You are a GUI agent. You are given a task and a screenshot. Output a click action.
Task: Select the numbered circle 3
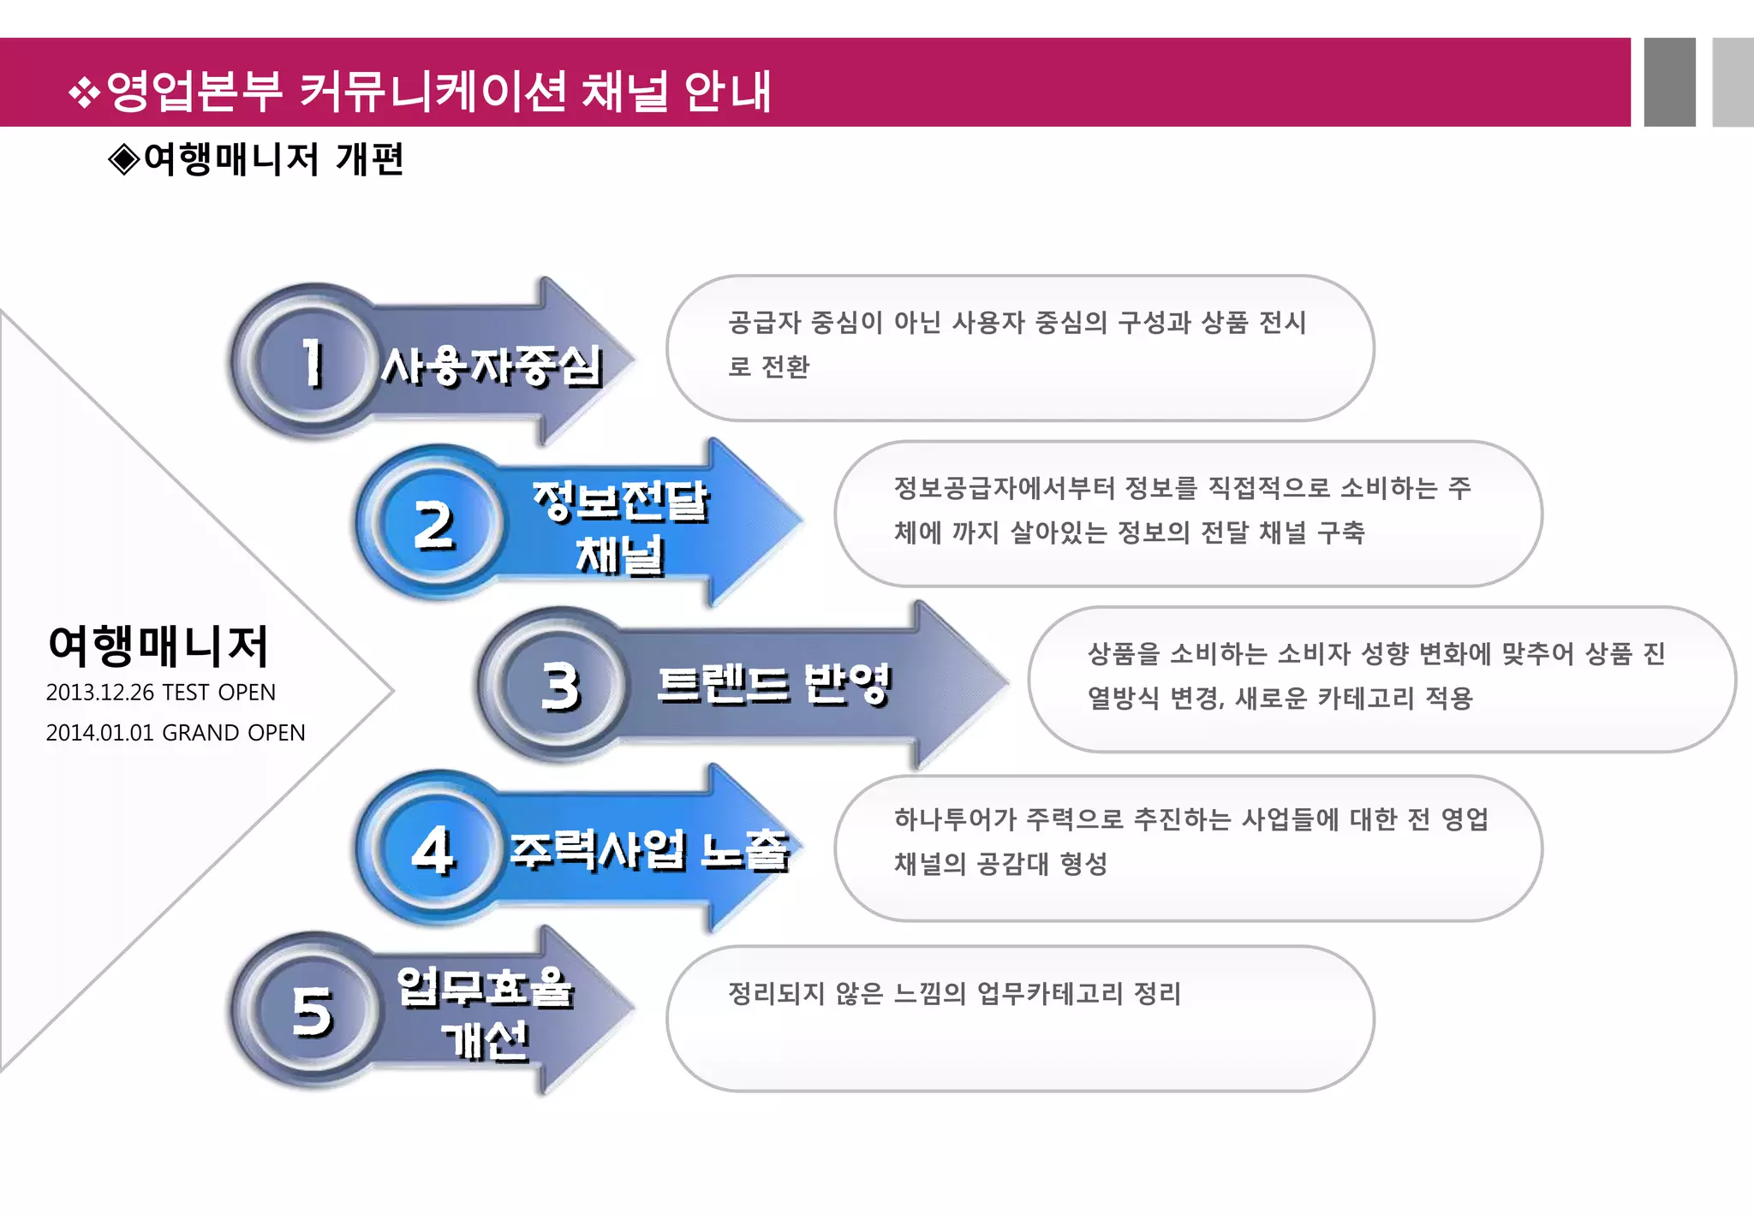point(560,686)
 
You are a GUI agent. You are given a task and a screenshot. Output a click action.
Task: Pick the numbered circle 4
point(433,849)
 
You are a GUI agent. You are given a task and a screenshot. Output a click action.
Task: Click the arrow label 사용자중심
point(492,366)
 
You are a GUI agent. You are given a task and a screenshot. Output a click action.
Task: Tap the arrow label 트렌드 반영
point(774,685)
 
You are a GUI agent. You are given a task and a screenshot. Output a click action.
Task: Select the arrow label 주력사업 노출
point(649,850)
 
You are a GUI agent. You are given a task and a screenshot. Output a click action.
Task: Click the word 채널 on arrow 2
point(620,555)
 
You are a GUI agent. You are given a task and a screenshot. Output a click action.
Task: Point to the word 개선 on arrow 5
point(486,1040)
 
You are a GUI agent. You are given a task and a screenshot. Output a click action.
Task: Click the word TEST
point(186,693)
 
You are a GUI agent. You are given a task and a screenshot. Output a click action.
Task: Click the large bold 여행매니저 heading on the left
point(159,646)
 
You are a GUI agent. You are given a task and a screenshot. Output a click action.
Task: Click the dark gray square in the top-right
point(1669,82)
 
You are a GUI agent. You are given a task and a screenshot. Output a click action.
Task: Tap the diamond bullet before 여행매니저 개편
point(124,160)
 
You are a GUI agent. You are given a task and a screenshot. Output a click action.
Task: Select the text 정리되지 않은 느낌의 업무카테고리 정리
point(954,994)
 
